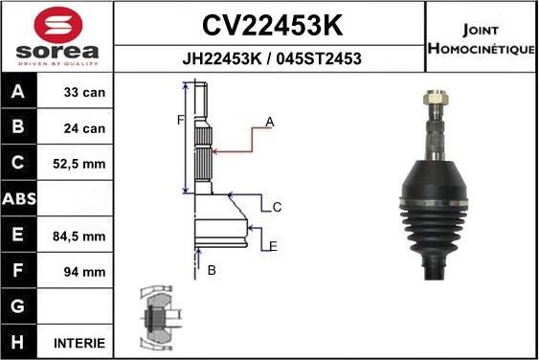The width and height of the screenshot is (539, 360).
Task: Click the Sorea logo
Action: tap(56, 36)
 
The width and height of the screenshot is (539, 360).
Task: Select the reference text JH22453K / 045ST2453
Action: tap(271, 58)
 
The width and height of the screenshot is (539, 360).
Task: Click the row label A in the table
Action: tap(19, 94)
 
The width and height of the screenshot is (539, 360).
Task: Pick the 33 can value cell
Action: tap(82, 94)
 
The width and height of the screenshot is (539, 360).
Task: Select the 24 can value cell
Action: tap(82, 128)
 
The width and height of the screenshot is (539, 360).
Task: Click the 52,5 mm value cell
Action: tap(82, 164)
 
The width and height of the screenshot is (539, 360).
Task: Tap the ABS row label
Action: tap(19, 199)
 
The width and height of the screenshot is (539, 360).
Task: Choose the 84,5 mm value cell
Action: tap(82, 236)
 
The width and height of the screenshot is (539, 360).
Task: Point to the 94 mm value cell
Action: tap(82, 272)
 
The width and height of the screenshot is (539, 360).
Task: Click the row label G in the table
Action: tap(19, 307)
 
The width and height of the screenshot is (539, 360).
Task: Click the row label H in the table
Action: tap(19, 342)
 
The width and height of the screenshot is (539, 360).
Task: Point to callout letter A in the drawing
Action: tap(270, 122)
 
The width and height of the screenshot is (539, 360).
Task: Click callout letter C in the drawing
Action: tap(277, 207)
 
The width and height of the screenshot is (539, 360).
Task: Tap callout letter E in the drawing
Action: tap(273, 246)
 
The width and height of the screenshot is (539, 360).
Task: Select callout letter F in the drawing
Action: tap(179, 120)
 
